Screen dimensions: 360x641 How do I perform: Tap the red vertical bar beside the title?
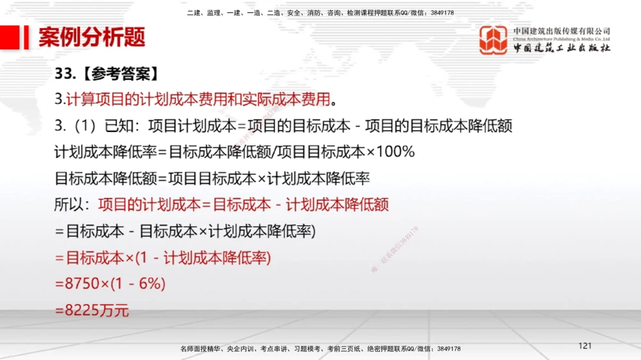[26, 37]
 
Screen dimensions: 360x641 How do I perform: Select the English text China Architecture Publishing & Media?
[562, 39]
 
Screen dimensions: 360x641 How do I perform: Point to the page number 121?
[585, 346]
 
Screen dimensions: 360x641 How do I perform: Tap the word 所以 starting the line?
[70, 205]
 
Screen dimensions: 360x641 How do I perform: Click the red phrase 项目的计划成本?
[149, 205]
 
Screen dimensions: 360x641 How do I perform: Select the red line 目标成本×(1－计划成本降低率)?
[169, 258]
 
